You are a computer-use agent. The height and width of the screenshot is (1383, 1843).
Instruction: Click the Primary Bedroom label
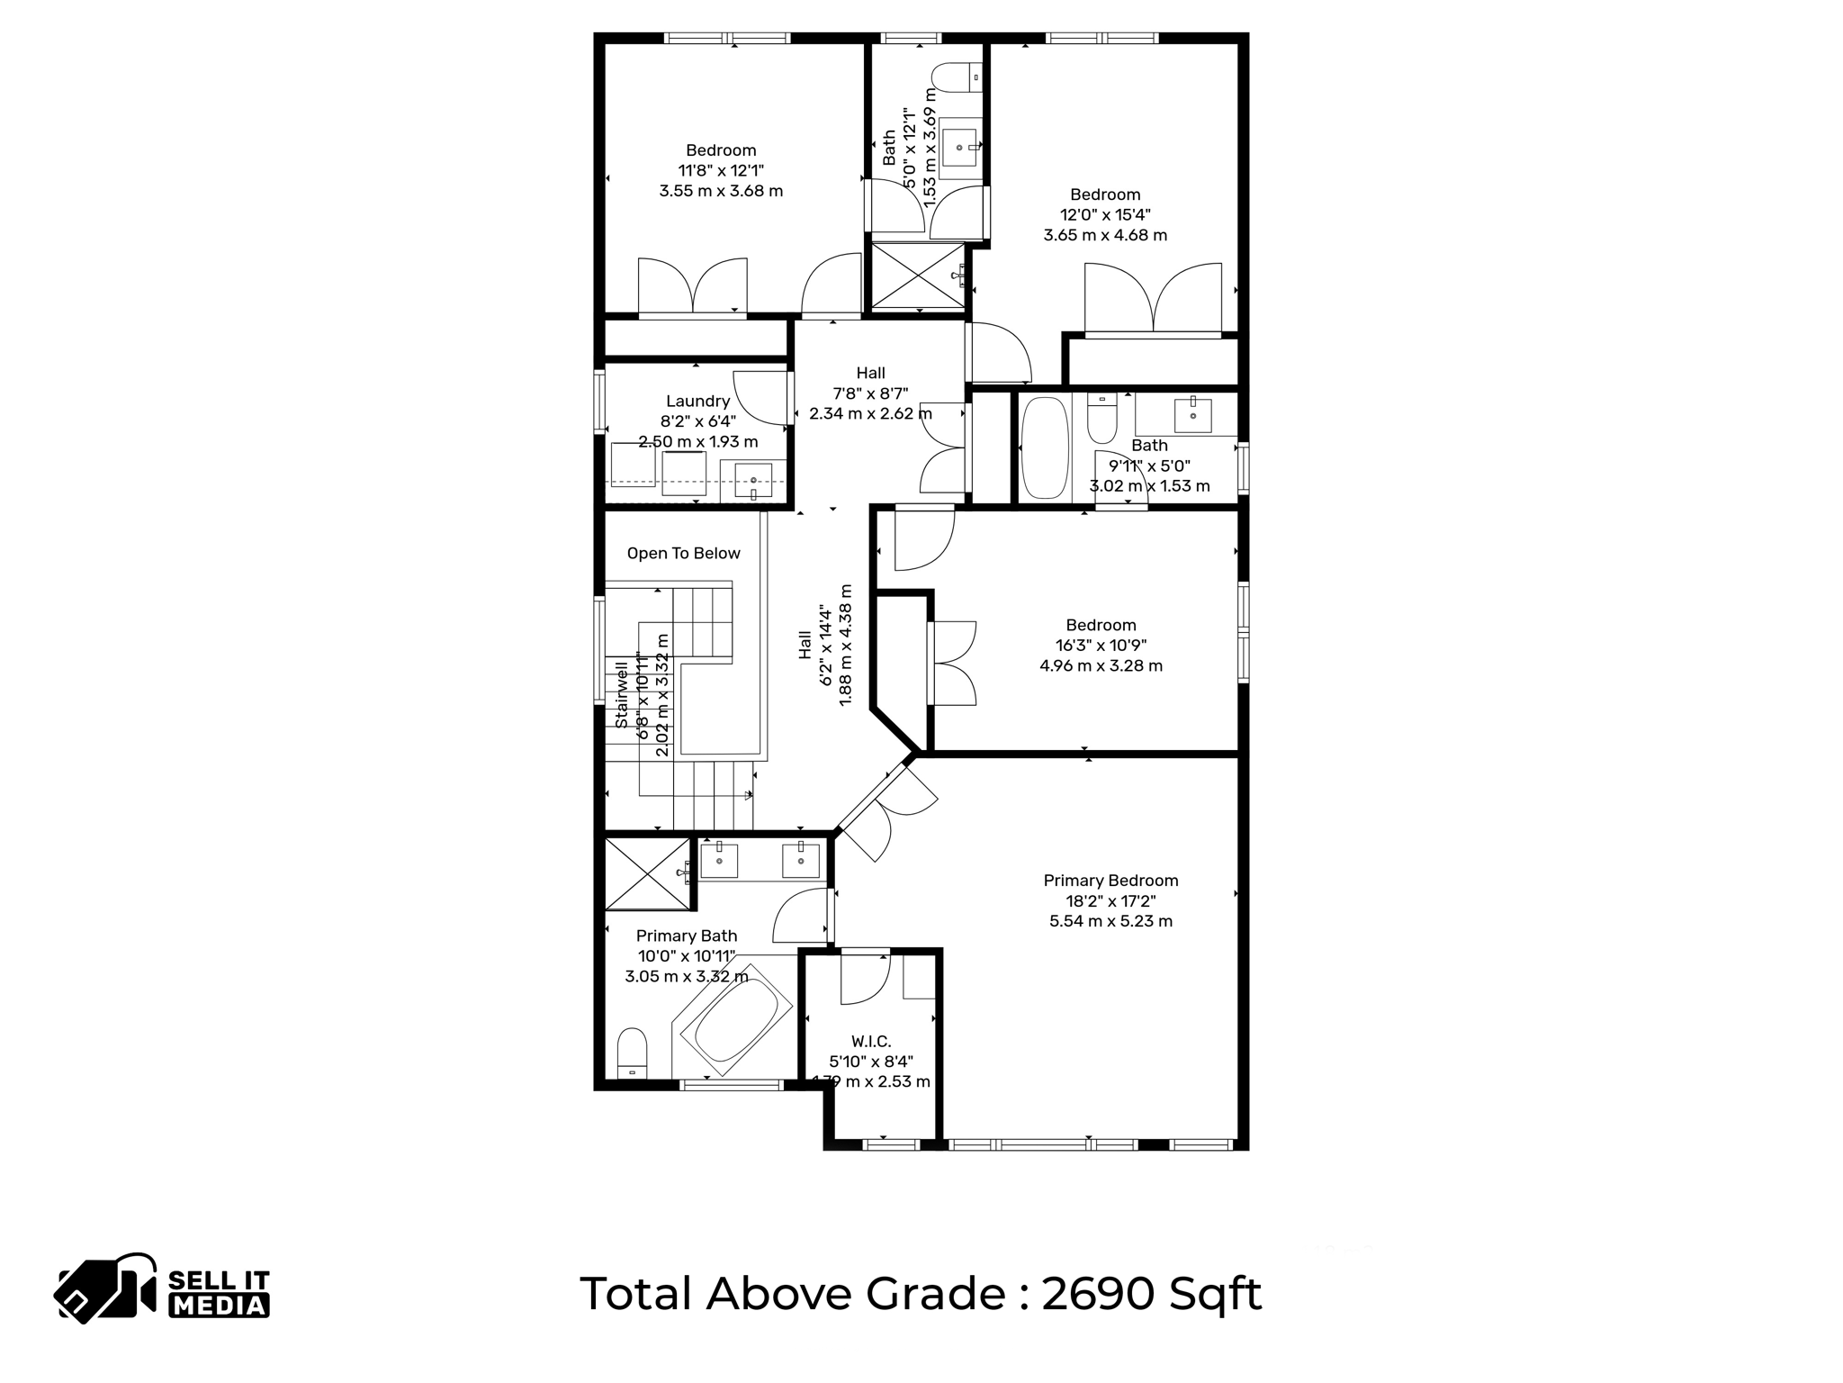[x=1110, y=881]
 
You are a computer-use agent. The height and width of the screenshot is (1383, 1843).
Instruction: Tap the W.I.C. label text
[x=870, y=1042]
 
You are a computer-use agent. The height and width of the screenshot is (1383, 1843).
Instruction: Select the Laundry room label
[x=697, y=402]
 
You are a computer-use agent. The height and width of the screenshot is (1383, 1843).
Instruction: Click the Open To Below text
[x=683, y=554]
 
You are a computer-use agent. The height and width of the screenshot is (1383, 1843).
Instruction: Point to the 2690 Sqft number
[x=1151, y=1294]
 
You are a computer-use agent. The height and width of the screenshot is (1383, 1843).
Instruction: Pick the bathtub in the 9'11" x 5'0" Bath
[x=1045, y=447]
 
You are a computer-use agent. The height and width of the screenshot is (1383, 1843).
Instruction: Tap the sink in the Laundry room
[x=753, y=481]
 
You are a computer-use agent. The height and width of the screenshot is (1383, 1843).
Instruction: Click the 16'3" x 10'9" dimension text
[x=1101, y=646]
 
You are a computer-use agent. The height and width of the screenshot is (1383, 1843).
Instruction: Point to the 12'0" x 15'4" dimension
[x=1105, y=215]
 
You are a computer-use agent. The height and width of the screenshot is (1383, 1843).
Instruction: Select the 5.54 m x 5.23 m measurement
[x=1110, y=921]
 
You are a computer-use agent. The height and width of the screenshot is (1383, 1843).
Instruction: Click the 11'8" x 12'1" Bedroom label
[x=721, y=150]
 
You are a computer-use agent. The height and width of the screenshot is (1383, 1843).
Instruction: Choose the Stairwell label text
[x=622, y=695]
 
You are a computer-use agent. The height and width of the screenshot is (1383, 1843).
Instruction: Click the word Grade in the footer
[x=935, y=1294]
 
